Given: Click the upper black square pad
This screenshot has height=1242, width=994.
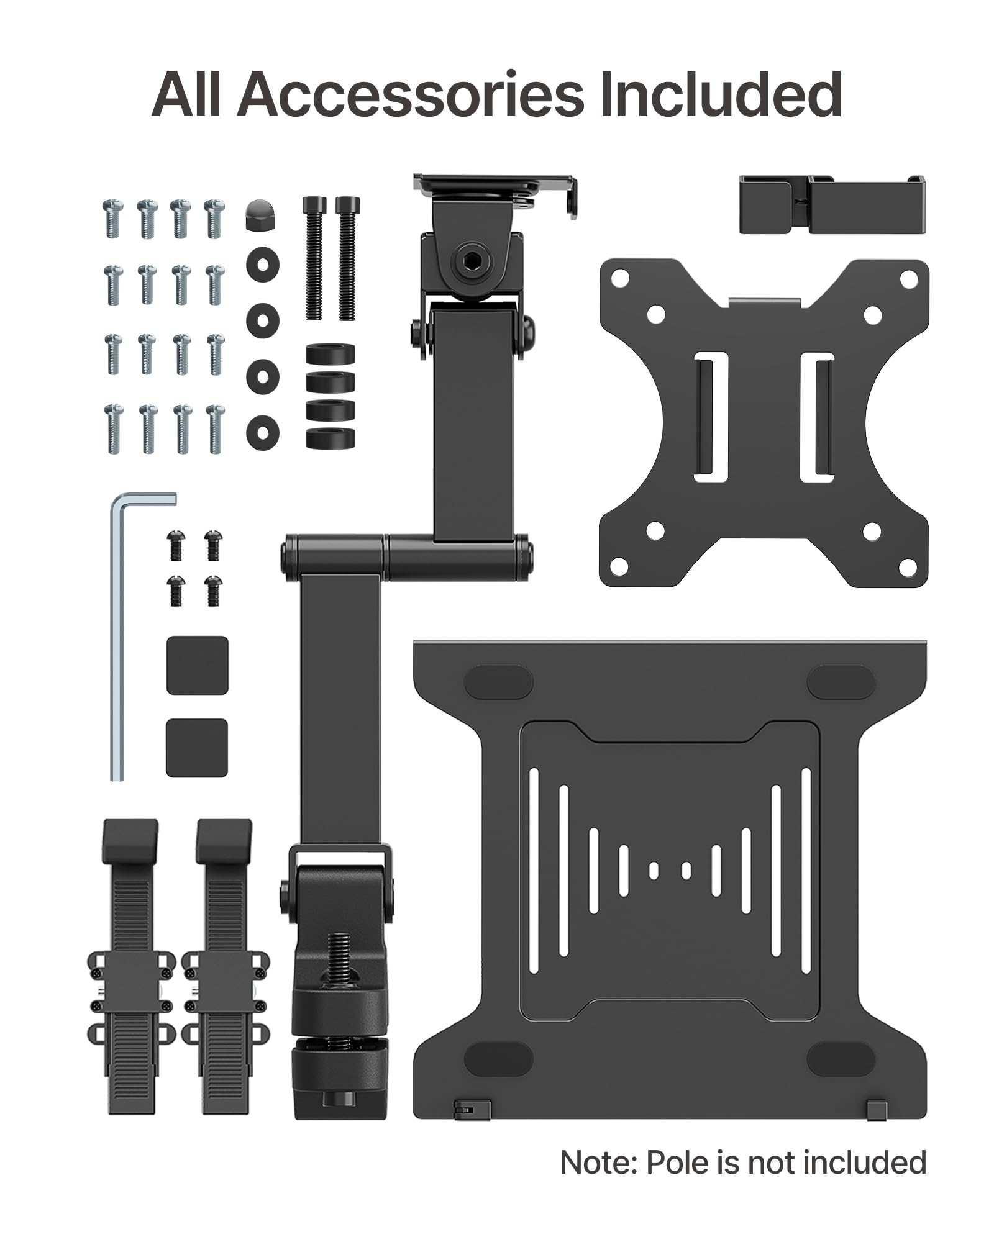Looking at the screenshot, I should coord(198,665).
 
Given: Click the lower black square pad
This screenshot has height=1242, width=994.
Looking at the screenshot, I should coord(197,748).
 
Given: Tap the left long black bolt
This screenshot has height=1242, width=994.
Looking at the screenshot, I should coord(314,258).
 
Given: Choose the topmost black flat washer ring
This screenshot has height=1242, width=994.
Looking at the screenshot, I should coord(262,265).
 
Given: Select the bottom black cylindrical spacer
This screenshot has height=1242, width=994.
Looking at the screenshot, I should coord(331,438).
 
